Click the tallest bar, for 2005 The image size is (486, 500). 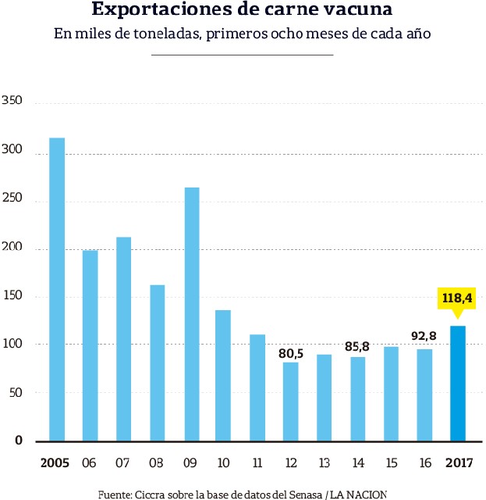tap(57, 289)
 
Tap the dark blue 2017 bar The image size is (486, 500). tap(459, 383)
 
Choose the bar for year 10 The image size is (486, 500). tap(223, 375)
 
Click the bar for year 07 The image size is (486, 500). tap(124, 338)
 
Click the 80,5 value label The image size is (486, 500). tap(291, 352)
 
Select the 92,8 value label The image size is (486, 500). tap(425, 337)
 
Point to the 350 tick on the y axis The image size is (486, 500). tap(12, 102)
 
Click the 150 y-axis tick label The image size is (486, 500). tap(12, 296)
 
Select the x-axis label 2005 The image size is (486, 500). tap(55, 463)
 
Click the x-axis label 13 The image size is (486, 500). tap(325, 463)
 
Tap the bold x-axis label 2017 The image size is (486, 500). tap(459, 463)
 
